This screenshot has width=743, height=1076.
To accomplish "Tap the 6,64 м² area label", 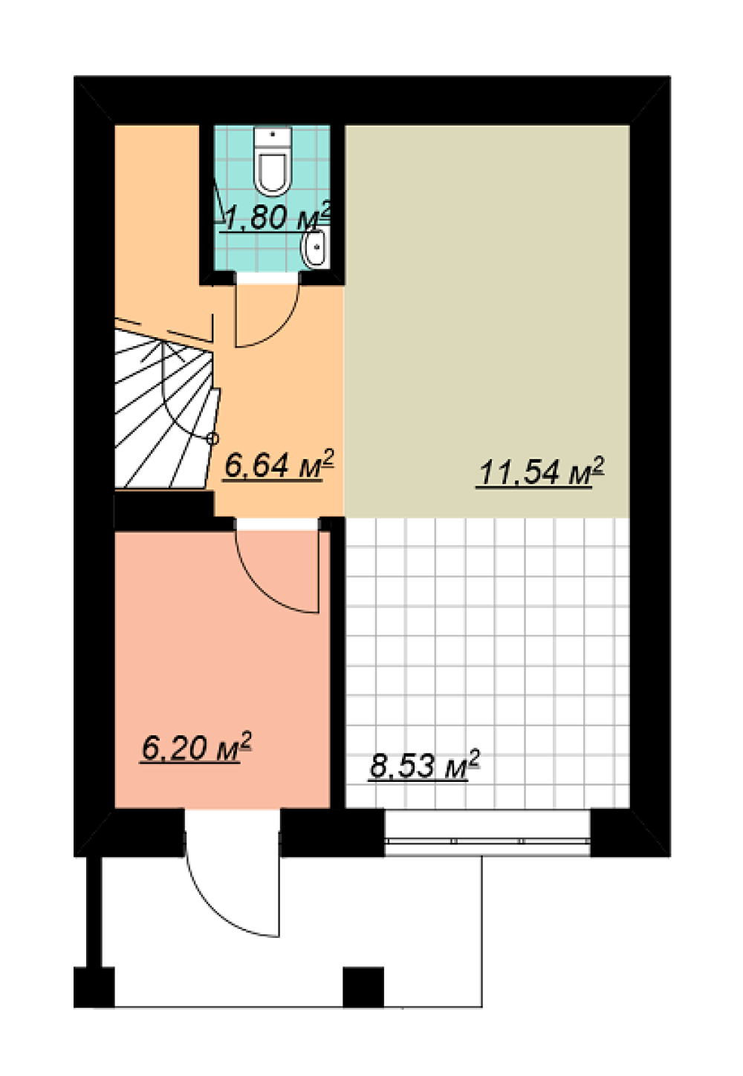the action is click(x=279, y=464).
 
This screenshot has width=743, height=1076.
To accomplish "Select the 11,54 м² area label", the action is click(x=540, y=471).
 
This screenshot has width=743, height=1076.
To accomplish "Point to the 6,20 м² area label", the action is click(x=196, y=746).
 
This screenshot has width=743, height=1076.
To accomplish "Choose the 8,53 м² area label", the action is click(x=424, y=764).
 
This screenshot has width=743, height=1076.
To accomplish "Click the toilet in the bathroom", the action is click(x=273, y=161).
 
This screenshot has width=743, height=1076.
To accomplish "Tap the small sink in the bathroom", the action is click(x=315, y=247).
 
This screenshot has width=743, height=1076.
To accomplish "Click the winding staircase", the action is click(x=166, y=408).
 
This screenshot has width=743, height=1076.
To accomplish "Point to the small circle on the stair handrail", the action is click(x=213, y=438).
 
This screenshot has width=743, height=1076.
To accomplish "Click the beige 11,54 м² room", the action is click(x=487, y=321).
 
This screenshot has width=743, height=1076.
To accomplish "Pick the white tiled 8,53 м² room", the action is click(x=487, y=663).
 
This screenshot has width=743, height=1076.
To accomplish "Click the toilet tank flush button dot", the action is click(x=273, y=134).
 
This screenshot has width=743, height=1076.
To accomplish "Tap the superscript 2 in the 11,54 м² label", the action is click(x=599, y=465).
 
